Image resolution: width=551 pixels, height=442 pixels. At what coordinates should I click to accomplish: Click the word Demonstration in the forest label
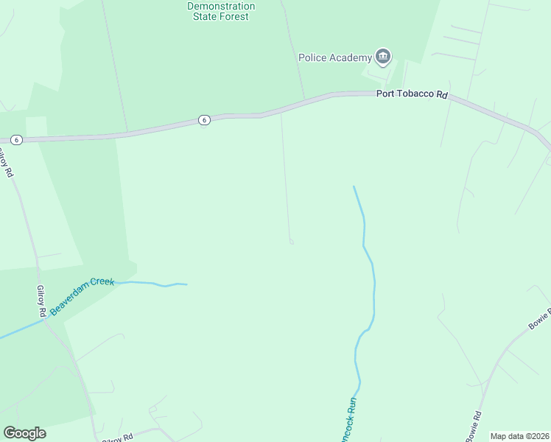(221, 6)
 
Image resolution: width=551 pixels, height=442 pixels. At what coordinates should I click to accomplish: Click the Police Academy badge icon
(382, 56)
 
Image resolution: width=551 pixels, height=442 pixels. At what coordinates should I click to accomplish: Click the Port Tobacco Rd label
(412, 94)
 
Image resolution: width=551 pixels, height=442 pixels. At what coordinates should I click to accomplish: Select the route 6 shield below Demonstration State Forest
(204, 120)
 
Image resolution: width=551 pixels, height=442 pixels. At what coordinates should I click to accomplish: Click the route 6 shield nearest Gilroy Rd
(17, 139)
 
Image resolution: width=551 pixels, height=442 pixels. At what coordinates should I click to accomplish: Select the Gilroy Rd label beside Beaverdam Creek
(42, 301)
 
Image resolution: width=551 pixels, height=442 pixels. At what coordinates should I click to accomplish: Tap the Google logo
(24, 432)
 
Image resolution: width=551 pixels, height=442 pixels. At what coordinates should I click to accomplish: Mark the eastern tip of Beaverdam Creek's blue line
(186, 284)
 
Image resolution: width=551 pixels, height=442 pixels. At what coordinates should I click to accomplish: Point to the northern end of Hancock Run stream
(354, 186)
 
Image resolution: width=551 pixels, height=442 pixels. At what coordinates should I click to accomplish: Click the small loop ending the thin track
(292, 242)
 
